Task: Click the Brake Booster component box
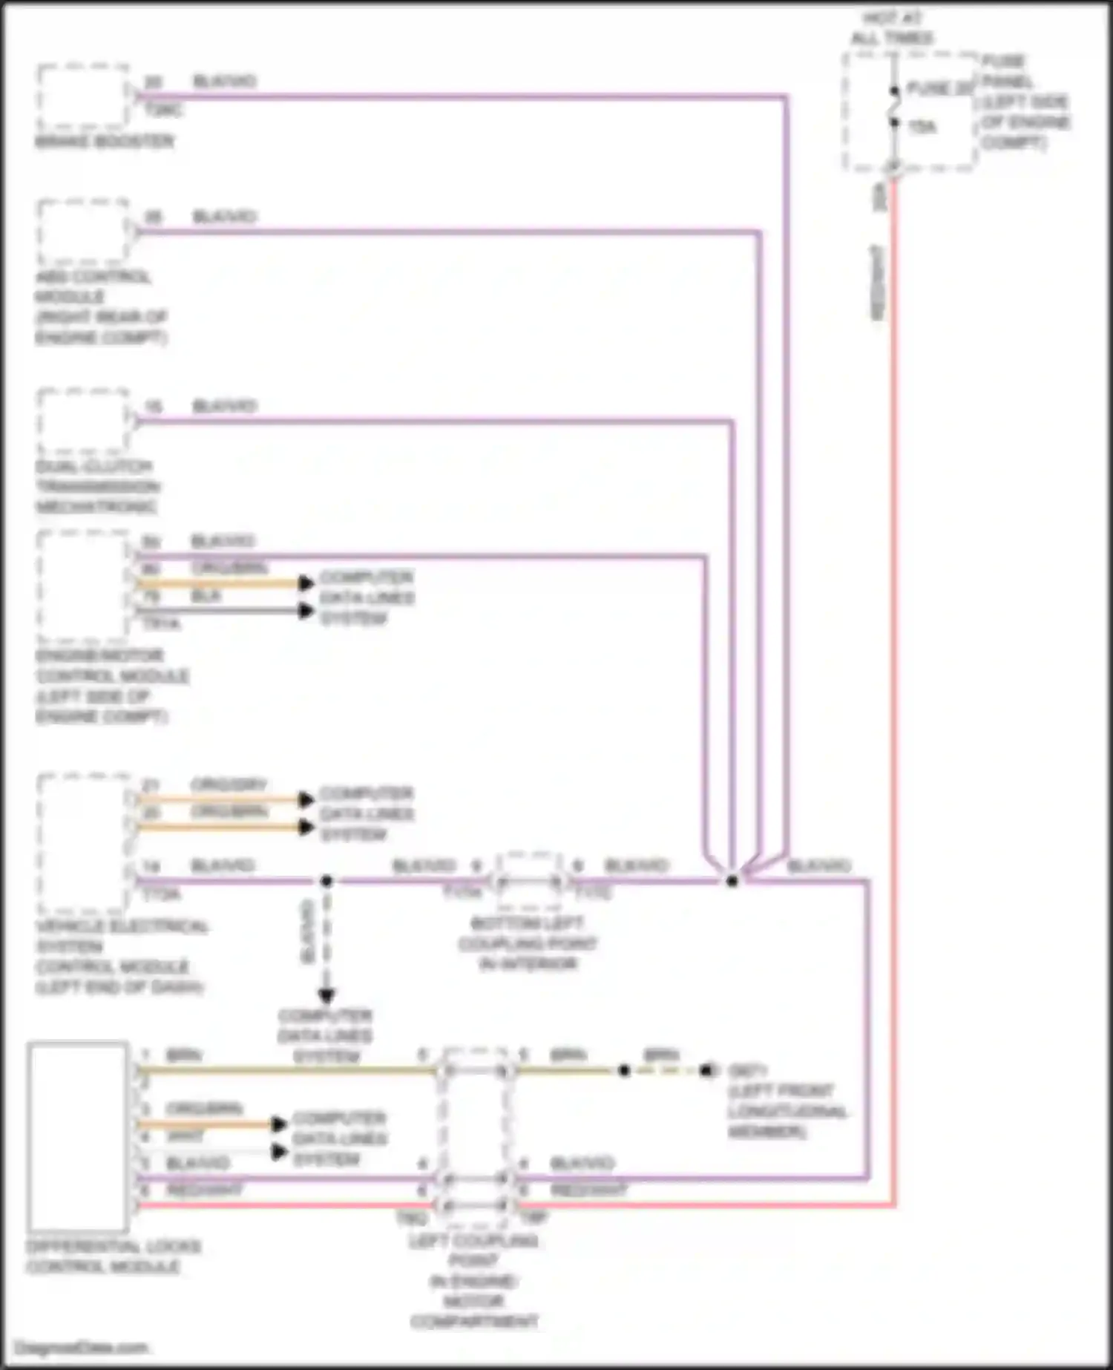pos(83,96)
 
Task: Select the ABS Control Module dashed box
pos(83,232)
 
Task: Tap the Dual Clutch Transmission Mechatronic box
pos(83,421)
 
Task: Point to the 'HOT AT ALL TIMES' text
pos(892,27)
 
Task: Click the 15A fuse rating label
pos(922,128)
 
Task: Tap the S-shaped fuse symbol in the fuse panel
pos(895,107)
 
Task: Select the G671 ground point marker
pos(709,1070)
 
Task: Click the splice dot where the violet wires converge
pos(732,881)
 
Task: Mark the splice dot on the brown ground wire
pos(625,1070)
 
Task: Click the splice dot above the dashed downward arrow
pos(326,881)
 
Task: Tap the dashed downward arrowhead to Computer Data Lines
pos(326,995)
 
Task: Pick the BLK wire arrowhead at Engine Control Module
pos(306,611)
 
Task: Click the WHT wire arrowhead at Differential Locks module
pos(279,1152)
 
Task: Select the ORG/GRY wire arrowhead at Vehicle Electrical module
pos(306,799)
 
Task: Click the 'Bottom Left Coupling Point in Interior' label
pos(528,943)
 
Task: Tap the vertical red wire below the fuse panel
pos(893,668)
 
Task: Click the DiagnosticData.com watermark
pos(82,1347)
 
